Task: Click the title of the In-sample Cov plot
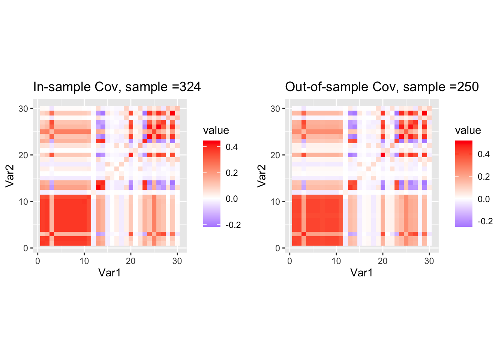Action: tap(117, 87)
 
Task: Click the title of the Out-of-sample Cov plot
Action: tap(381, 87)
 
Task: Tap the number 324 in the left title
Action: tap(190, 87)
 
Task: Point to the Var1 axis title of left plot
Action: tap(109, 273)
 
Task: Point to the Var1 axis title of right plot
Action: tap(361, 273)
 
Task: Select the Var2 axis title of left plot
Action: tap(10, 175)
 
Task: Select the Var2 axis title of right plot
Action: tap(262, 175)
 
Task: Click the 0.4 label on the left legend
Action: tap(232, 147)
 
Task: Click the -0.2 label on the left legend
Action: tap(233, 225)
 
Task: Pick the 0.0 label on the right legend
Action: tap(484, 199)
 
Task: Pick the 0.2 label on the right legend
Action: tap(484, 177)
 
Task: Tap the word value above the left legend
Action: tap(216, 130)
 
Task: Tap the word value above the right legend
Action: tap(468, 130)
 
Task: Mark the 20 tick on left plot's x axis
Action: tap(130, 261)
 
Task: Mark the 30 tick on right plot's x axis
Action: tap(429, 261)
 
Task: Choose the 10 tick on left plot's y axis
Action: tap(23, 202)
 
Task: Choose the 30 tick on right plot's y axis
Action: tap(275, 109)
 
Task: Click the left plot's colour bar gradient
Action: tap(211, 184)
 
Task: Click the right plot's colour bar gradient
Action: tap(463, 184)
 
